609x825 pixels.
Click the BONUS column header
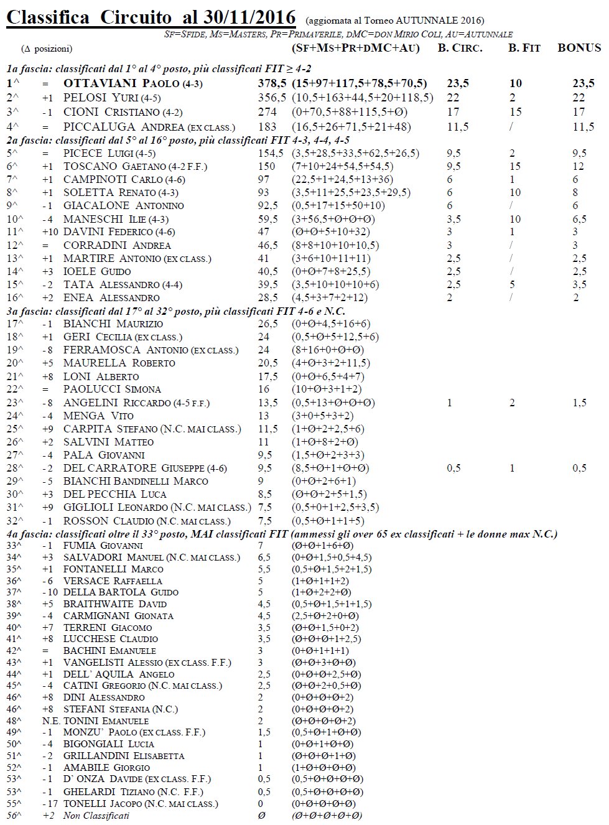click(x=579, y=48)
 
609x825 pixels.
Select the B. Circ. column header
click(x=460, y=48)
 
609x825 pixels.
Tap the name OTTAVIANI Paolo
click(x=132, y=83)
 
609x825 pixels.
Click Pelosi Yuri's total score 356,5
click(x=272, y=98)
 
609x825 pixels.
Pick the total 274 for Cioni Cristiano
click(x=267, y=112)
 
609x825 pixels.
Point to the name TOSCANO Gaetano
click(x=135, y=166)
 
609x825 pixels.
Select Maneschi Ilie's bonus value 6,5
click(x=579, y=219)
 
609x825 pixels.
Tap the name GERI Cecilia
click(x=123, y=337)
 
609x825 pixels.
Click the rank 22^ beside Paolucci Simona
click(x=14, y=389)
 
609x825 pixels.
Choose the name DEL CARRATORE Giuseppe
click(x=145, y=468)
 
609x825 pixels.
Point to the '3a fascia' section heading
click(x=175, y=311)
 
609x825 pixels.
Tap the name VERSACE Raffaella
click(x=113, y=580)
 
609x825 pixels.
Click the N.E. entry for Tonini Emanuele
click(x=50, y=720)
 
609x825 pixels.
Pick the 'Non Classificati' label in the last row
click(x=96, y=816)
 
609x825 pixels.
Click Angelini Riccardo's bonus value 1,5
click(x=579, y=403)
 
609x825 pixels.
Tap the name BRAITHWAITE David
click(x=114, y=604)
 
